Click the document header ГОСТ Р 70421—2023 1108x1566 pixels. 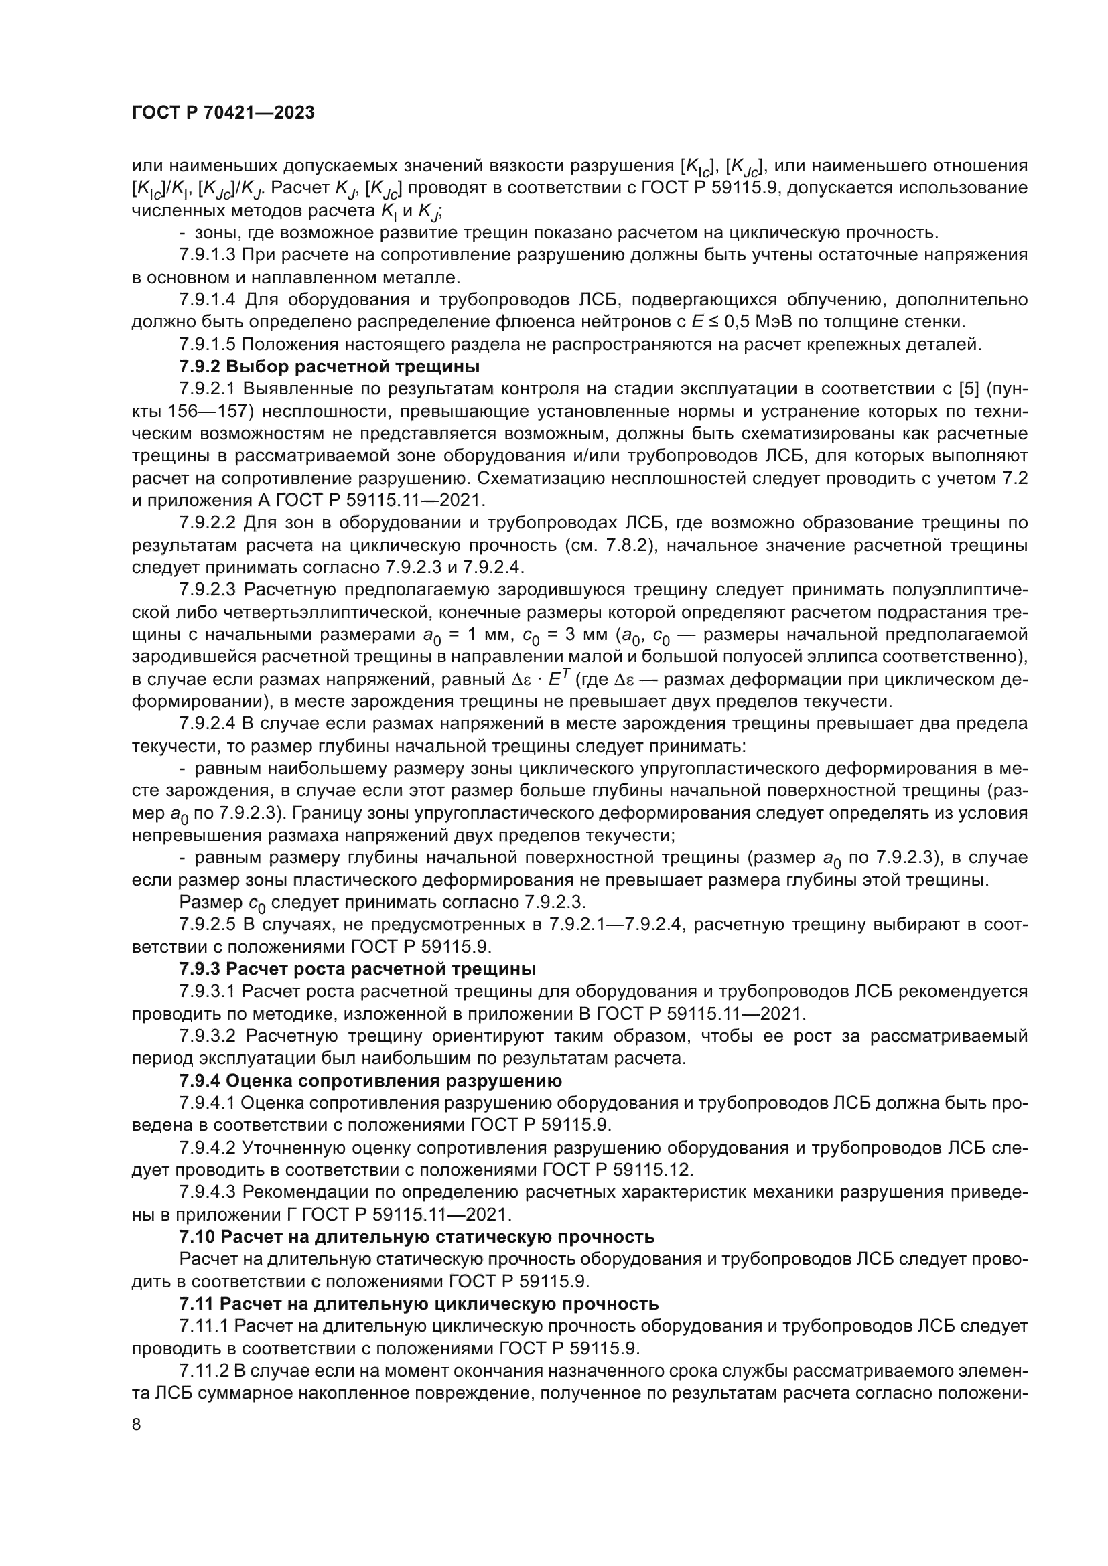[223, 113]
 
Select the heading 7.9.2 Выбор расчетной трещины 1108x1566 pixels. [330, 367]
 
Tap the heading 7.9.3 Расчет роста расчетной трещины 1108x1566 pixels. [358, 969]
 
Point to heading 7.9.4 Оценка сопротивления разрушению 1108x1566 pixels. [370, 1081]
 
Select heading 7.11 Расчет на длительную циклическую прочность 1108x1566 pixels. [419, 1304]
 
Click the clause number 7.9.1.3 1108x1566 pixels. [208, 256]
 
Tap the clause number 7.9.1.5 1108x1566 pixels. [208, 345]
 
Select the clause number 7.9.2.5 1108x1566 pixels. [208, 925]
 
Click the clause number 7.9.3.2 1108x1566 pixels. [208, 1036]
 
